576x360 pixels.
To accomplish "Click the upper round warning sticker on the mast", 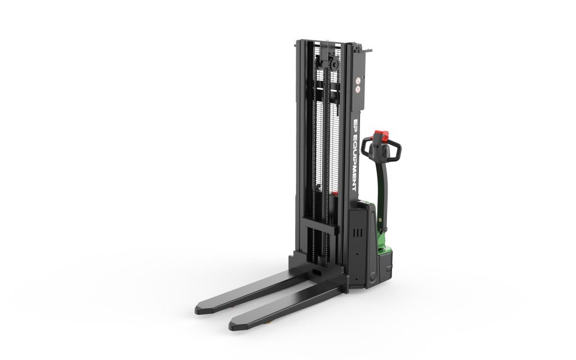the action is click(358, 80).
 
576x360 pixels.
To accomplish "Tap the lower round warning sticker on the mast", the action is click(358, 88).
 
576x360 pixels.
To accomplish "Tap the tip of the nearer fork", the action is click(231, 326).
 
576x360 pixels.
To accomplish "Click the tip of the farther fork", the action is click(197, 309).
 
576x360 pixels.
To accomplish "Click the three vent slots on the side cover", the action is click(357, 233).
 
